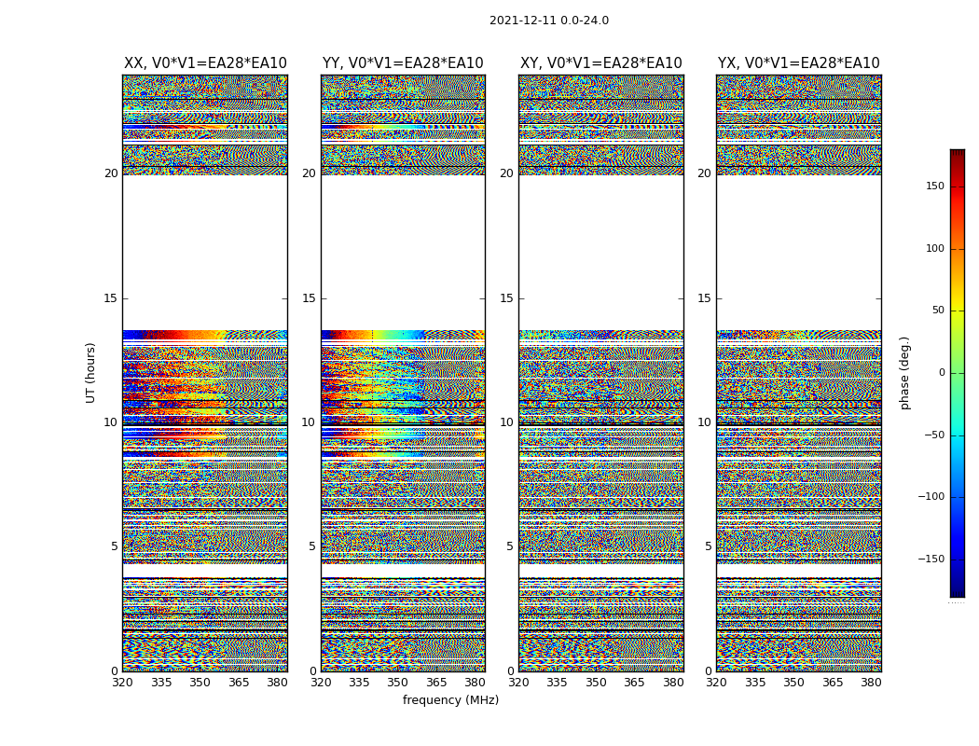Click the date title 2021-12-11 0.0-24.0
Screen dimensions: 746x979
pos(548,21)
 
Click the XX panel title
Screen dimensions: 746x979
pos(205,63)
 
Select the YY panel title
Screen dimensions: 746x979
pos(403,63)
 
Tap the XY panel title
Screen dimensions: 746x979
pos(600,63)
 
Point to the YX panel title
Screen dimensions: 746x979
pos(798,63)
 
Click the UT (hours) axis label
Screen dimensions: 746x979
pos(91,372)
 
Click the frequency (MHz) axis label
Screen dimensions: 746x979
pos(450,700)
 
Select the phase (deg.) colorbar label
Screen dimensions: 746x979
pos(904,372)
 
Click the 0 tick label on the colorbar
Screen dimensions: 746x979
pos(942,373)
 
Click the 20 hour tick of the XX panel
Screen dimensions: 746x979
pos(111,173)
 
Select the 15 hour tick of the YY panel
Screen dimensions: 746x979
pos(309,298)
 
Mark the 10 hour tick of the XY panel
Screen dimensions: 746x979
pos(506,422)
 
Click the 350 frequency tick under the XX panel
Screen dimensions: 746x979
pos(200,683)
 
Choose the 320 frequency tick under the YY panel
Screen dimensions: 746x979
pos(321,683)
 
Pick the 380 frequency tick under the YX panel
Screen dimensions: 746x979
pos(871,683)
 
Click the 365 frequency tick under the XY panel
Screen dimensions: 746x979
pos(634,683)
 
